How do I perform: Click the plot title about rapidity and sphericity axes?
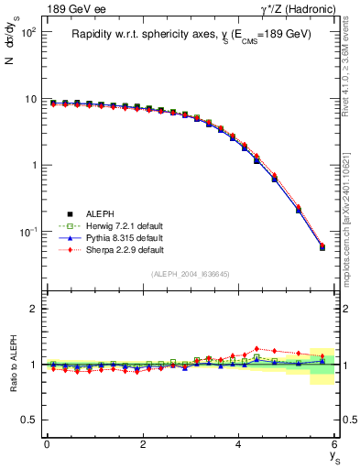point(191,34)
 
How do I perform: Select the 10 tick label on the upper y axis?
point(29,99)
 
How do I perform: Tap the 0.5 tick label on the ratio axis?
point(28,420)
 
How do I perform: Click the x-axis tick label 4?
point(239,444)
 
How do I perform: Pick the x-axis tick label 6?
point(334,444)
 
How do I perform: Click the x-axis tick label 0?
point(47,444)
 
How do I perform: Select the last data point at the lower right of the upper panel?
point(322,247)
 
